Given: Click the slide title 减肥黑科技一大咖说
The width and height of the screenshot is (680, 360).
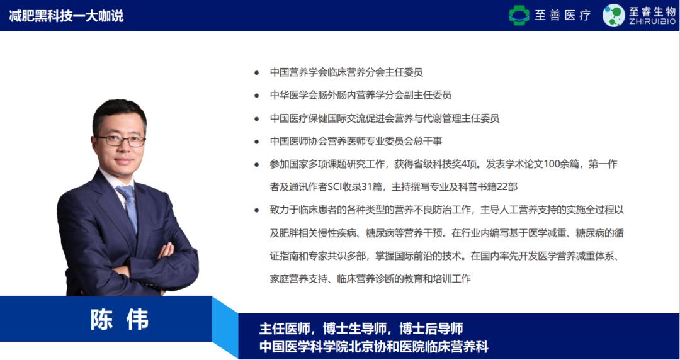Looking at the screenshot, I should coord(66,16).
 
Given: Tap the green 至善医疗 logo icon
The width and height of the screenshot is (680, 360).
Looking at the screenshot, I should coord(519,15).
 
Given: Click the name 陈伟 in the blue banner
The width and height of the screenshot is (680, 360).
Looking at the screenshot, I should coord(120,319).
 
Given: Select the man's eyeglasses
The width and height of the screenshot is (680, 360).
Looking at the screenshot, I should coord(122,140).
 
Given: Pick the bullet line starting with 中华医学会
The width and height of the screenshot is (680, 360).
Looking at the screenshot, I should coord(360,95).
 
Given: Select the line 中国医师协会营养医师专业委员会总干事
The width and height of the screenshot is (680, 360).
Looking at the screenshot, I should coord(356,141).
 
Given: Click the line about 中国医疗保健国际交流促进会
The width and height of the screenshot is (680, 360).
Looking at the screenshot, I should coord(384,118).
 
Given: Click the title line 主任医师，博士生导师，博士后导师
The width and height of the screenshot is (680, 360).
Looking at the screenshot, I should coord(361,329).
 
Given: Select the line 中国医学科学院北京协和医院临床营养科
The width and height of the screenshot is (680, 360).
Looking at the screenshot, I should coord(374,347).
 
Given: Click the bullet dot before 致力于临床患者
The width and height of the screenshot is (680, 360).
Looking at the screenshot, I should coord(256,210).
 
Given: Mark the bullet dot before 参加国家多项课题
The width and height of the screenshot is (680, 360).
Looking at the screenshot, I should coord(256,164).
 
